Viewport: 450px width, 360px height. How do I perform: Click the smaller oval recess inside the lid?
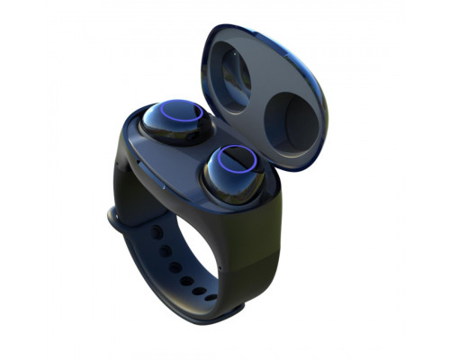(235, 77)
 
